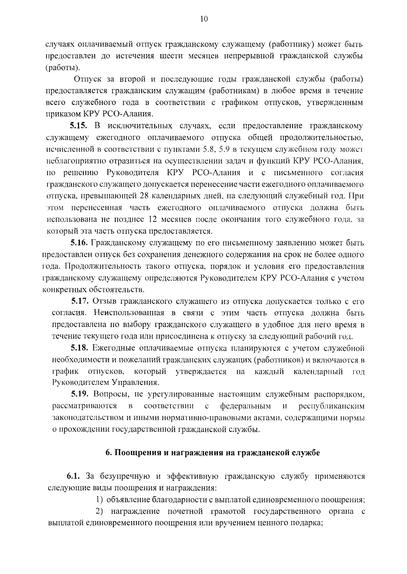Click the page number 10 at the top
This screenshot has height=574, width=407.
coord(203,19)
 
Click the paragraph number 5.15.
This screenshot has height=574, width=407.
coord(79,126)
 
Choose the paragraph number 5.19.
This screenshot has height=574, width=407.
coord(80,394)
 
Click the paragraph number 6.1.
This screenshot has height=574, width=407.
coord(73,476)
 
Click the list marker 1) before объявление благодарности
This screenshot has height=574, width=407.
coord(99,499)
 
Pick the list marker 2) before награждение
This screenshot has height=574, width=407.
coord(99,511)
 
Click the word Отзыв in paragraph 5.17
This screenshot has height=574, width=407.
coord(104,301)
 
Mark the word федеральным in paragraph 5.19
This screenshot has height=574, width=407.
coord(246,406)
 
